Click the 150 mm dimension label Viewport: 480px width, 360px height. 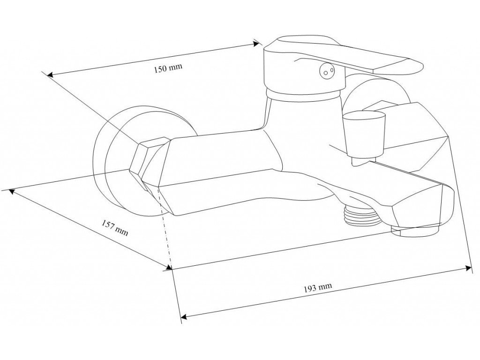(x=168, y=68)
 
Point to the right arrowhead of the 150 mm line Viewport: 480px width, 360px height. (x=257, y=44)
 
